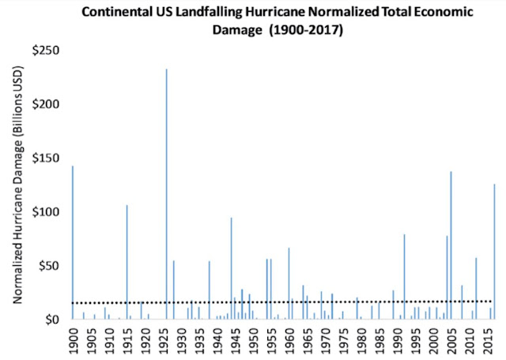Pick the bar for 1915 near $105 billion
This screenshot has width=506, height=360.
coord(126,261)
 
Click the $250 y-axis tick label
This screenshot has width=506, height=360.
coord(47,51)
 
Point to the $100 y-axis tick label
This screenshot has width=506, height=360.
coord(47,212)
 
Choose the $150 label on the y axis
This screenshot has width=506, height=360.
coord(47,158)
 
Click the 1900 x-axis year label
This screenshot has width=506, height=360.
coord(73,339)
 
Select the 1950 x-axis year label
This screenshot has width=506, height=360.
coord(253,339)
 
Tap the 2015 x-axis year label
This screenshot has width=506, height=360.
coord(488,339)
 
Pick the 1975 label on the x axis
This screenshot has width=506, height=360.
coord(343,339)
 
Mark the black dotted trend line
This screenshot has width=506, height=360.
coord(277,301)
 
